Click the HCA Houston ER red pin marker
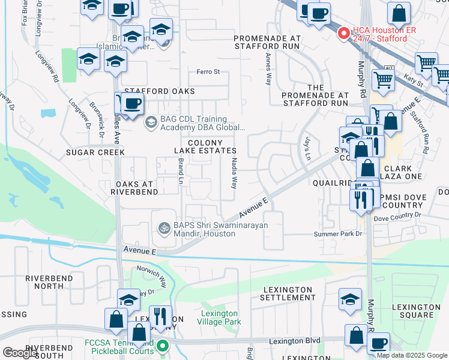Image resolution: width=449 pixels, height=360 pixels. point(343,34)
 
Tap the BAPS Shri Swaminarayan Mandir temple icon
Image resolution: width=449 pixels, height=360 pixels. point(163,228)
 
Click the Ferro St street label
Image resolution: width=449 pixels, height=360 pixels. point(208,72)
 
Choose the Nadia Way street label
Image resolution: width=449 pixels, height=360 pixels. point(234,174)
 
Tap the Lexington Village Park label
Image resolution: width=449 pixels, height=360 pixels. point(220,318)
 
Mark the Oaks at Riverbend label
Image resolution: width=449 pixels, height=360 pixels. point(134,187)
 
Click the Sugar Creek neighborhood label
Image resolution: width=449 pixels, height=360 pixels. point(97,152)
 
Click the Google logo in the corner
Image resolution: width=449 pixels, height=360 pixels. point(20,353)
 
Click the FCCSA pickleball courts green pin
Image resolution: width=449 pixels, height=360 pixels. point(162,346)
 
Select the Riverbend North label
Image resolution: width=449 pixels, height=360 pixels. point(49,283)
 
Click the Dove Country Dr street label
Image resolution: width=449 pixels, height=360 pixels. point(398,215)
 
